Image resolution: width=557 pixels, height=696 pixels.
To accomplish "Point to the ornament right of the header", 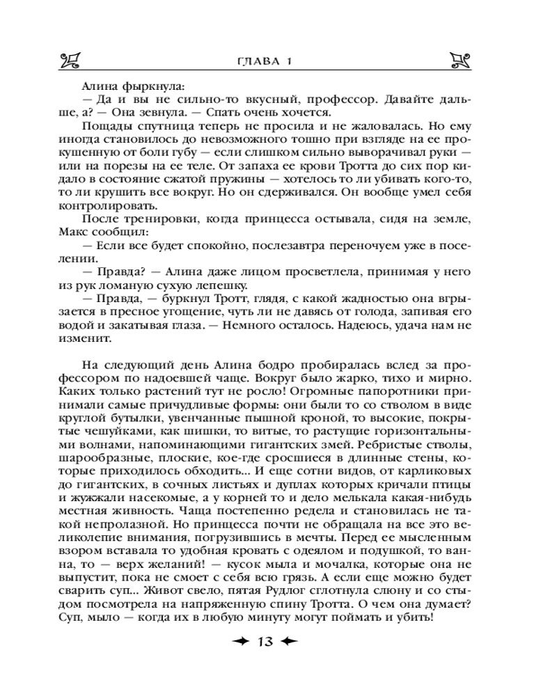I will tap(462, 61).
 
